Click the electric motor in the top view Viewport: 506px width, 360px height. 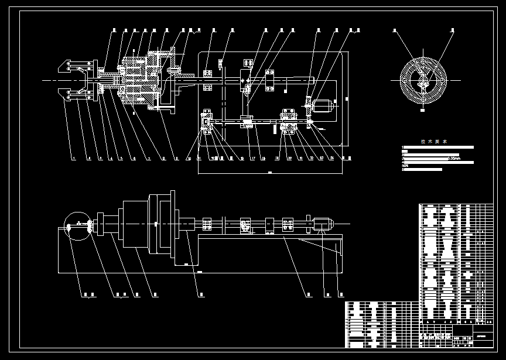(323, 107)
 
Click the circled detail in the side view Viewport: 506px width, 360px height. (77, 227)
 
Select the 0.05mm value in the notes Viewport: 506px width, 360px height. (453, 158)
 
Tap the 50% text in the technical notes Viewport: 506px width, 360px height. (405, 164)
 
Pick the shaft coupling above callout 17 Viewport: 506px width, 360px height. (248, 121)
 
